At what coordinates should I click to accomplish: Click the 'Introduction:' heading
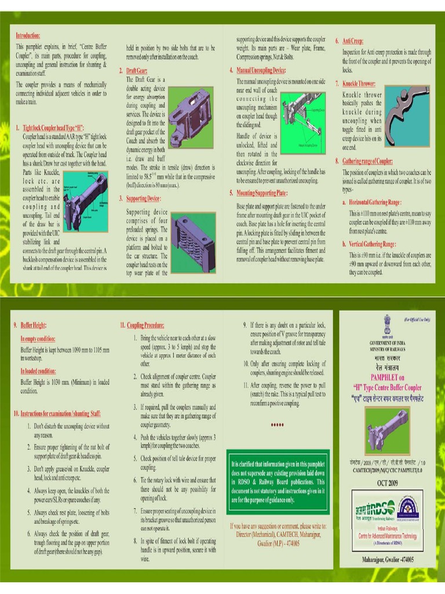pos(27,35)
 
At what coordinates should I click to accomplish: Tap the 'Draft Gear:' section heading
pos(137,70)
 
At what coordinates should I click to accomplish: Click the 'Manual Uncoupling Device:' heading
pos(269,70)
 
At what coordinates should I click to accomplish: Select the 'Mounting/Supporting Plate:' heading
pos(271,193)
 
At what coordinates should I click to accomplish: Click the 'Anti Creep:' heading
pos(353,41)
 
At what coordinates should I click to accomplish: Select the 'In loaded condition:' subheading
pos(38,371)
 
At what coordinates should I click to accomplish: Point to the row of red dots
pos(277,425)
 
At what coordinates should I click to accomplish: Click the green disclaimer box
pos(278,482)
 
